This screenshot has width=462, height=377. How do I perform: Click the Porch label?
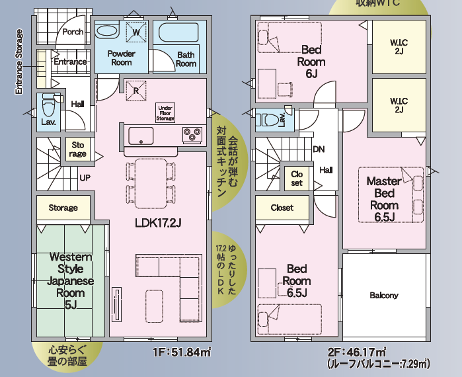click(x=73, y=32)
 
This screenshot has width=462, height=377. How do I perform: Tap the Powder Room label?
click(x=122, y=58)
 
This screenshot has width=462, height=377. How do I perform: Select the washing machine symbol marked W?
click(x=136, y=32)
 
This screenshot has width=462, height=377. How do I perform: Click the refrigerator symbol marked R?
click(x=136, y=91)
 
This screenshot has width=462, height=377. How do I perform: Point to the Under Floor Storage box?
click(x=165, y=113)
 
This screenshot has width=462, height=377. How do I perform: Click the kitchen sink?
click(x=141, y=136)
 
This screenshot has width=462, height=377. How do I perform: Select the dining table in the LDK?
click(x=151, y=183)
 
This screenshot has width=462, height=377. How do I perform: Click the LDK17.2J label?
click(x=158, y=223)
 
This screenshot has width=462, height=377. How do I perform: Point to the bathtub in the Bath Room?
click(x=179, y=32)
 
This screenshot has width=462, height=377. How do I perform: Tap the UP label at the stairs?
click(x=85, y=178)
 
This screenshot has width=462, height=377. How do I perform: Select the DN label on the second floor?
click(x=319, y=149)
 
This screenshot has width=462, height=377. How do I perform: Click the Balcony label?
click(x=384, y=296)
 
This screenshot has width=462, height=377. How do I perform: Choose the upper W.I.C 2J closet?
click(x=399, y=46)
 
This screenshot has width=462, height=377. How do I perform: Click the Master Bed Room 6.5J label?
click(x=384, y=199)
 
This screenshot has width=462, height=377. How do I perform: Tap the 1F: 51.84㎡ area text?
click(x=182, y=353)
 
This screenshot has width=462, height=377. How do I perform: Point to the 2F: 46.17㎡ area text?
click(x=357, y=353)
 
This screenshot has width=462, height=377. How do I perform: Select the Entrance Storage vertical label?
click(x=19, y=62)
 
